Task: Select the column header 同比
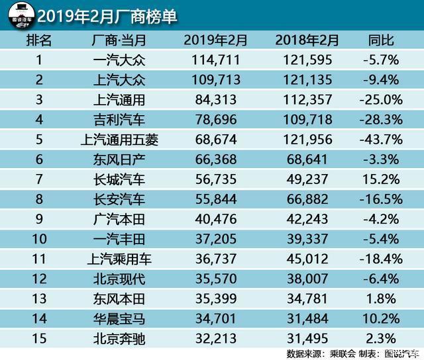coord(381,40)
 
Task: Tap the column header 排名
coord(40,40)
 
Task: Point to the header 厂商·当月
coord(119,40)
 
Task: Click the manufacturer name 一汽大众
coord(119,61)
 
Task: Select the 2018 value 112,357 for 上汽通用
coord(307,101)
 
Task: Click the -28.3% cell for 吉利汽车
coord(381,121)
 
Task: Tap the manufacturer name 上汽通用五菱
coord(119,142)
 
